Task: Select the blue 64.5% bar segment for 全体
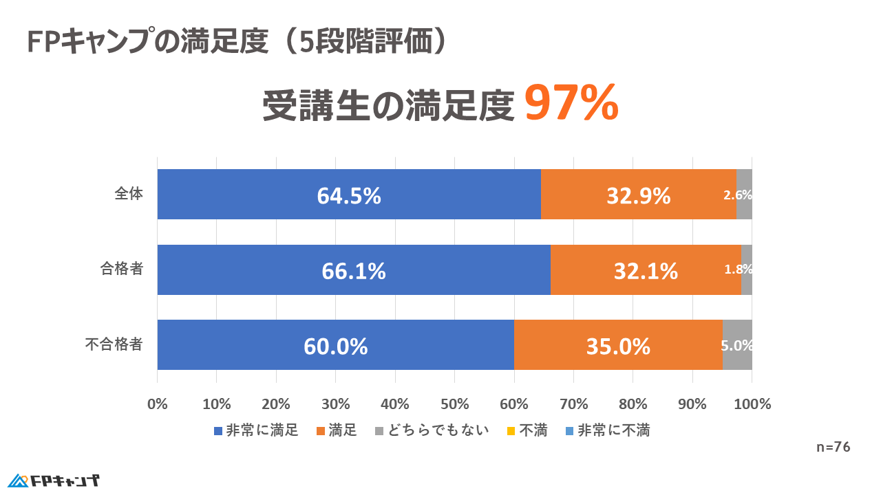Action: click(x=349, y=195)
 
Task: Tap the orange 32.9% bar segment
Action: click(x=638, y=195)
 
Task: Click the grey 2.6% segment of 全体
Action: click(x=744, y=195)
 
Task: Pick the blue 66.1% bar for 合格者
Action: click(x=353, y=270)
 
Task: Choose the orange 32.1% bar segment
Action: click(x=646, y=270)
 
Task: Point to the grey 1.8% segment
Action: click(x=747, y=270)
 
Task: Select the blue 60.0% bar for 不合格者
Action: click(x=335, y=345)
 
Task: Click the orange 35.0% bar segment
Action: click(x=618, y=345)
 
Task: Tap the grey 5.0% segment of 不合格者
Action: click(x=737, y=345)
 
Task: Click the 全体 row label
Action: click(x=129, y=195)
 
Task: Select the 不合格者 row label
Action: click(x=114, y=344)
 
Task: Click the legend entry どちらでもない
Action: click(x=432, y=431)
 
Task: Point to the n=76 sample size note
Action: click(x=833, y=448)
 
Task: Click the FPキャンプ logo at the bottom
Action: click(x=54, y=480)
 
